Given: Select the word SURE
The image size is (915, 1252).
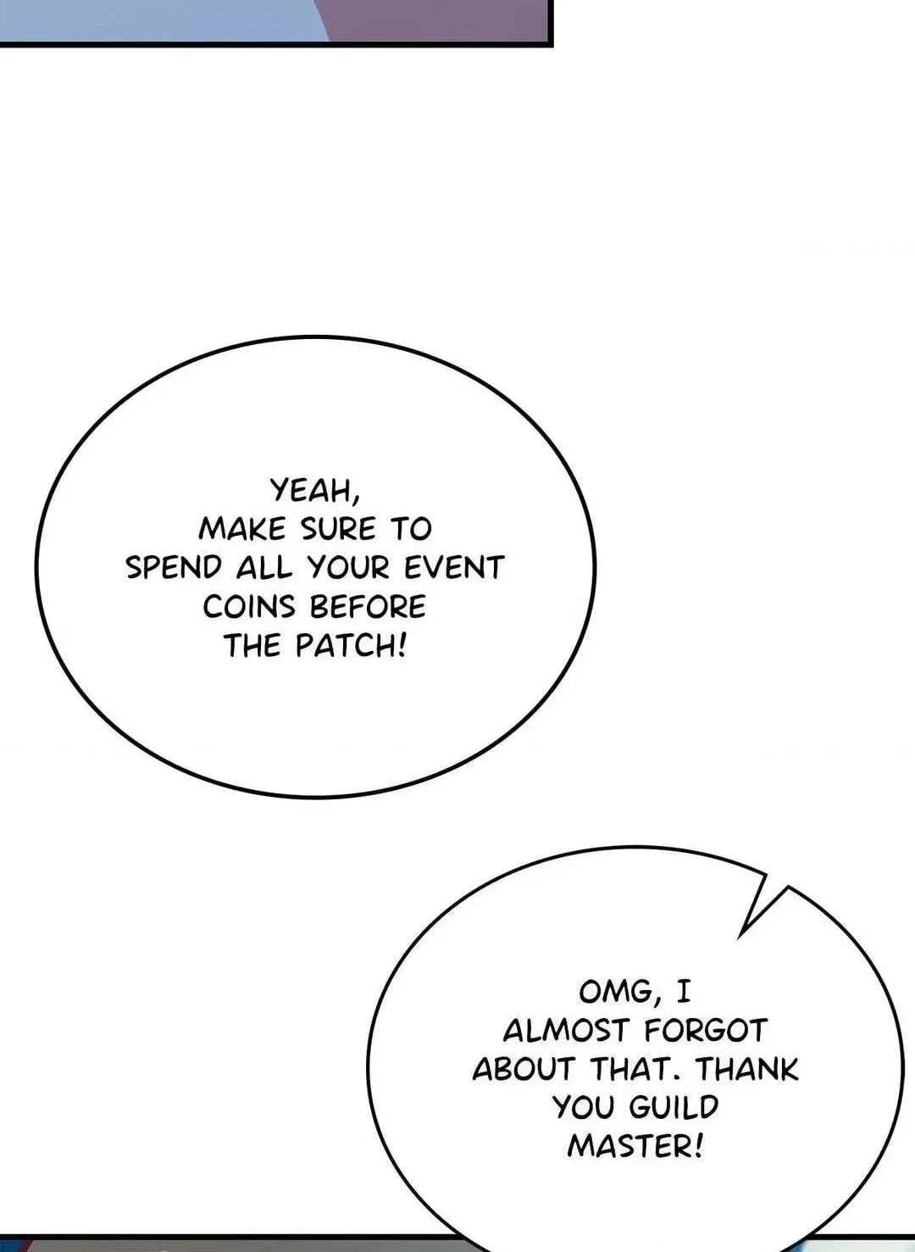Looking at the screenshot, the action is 339,529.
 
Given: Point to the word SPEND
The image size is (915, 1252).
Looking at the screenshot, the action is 174,568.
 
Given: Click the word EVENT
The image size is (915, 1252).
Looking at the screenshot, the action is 454,568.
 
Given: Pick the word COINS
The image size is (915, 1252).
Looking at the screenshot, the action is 248,607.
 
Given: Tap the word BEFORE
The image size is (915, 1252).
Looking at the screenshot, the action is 368,607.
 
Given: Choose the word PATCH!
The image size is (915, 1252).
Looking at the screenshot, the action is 350,646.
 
